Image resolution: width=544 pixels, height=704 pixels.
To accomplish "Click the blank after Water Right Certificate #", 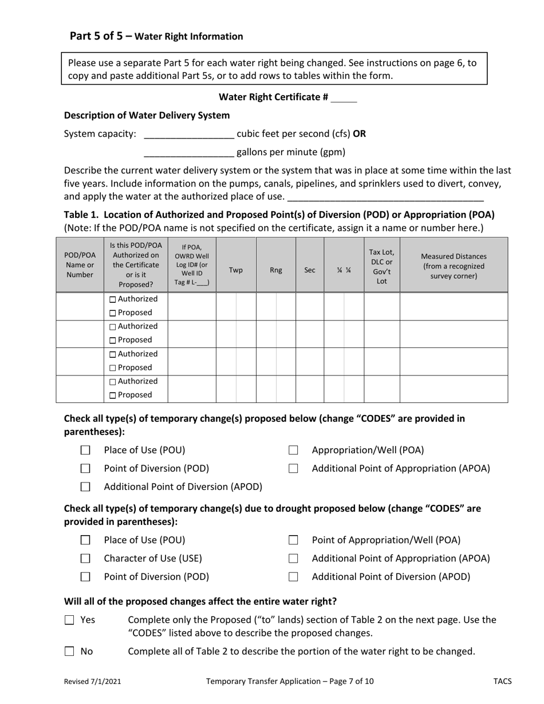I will (x=344, y=98).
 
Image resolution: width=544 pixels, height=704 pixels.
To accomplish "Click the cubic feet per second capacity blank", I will (x=189, y=135).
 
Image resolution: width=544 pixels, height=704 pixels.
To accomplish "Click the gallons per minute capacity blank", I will (x=189, y=153).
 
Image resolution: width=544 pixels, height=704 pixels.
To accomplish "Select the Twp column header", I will (x=235, y=270).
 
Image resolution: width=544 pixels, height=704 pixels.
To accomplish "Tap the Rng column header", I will (x=275, y=270).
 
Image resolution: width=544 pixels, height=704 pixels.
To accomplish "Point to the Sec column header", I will (x=309, y=270).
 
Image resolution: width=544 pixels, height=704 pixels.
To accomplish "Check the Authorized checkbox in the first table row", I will (x=112, y=299).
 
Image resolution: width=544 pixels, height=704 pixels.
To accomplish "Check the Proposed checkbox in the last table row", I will (x=112, y=395).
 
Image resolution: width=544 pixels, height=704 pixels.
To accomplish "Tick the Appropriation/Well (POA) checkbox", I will (x=293, y=450).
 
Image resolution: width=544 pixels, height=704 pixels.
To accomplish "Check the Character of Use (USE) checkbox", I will (x=85, y=559).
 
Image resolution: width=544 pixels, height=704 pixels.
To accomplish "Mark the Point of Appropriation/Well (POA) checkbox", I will (x=293, y=540).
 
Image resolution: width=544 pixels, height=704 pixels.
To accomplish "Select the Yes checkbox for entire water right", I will (x=69, y=620).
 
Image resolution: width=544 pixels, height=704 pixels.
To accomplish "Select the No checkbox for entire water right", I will (x=69, y=651).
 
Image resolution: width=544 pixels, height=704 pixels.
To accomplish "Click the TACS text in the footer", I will (x=502, y=681).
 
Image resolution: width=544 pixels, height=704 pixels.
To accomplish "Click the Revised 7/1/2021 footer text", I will (x=92, y=681).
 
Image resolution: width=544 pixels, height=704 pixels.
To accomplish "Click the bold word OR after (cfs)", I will (x=359, y=135).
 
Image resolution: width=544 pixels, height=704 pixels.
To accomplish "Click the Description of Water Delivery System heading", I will (x=147, y=116).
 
